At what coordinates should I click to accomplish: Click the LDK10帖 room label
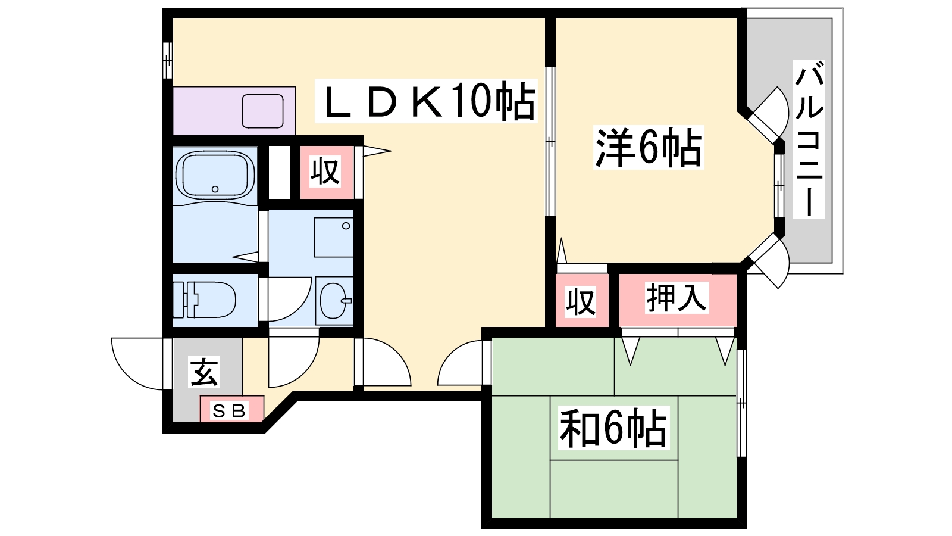click(426, 101)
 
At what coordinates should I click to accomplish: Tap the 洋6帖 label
click(649, 147)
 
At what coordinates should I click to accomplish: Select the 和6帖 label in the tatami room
click(613, 428)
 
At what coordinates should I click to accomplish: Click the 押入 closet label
click(677, 298)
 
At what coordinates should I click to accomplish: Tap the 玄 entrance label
click(204, 372)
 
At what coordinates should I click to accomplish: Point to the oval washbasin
click(335, 300)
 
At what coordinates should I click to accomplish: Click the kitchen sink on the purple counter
click(262, 111)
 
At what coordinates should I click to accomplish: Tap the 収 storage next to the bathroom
click(325, 172)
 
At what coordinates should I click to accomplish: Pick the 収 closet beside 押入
click(580, 301)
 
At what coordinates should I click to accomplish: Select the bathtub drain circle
click(215, 189)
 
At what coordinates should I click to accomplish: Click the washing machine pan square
click(334, 237)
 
